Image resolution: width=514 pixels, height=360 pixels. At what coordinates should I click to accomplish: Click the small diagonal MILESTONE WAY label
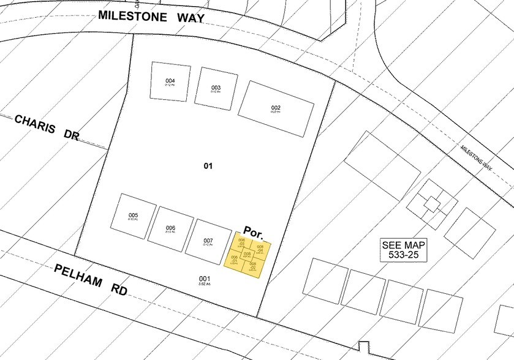tap(477, 157)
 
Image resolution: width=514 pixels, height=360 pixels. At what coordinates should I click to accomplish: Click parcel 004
tap(170, 82)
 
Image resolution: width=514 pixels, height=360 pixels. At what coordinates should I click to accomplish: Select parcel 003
tap(216, 89)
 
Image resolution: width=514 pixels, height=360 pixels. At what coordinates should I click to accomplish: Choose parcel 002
tap(276, 109)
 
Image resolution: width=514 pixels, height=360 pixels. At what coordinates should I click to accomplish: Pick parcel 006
tap(171, 228)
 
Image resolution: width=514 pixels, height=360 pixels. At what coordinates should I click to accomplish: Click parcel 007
tap(208, 241)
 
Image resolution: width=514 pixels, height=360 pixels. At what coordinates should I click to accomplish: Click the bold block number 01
tap(208, 165)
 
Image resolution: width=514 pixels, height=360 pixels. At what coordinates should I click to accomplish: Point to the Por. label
tap(254, 226)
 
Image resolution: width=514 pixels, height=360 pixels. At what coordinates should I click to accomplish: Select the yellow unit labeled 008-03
tap(241, 241)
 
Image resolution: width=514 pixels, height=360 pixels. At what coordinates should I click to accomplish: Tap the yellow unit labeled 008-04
tap(260, 249)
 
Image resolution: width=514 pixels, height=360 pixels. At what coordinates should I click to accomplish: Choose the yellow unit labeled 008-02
tap(252, 266)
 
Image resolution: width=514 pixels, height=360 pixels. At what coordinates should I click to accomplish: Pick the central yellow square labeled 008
tap(247, 254)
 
